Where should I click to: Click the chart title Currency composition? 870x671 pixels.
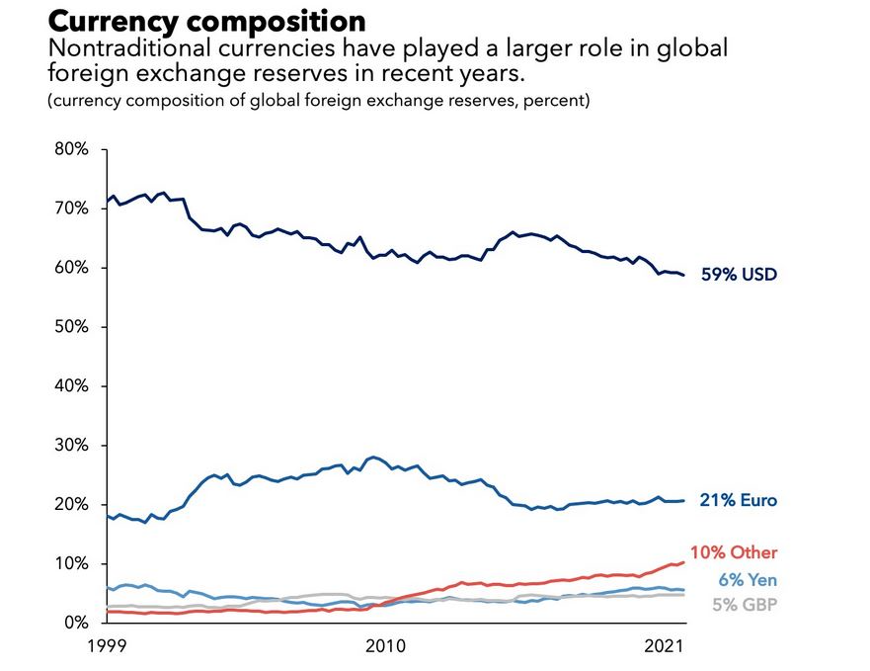click(x=206, y=20)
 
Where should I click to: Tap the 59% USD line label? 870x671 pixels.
click(x=739, y=275)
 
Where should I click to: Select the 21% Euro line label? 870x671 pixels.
click(x=739, y=501)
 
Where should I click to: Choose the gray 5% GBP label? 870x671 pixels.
click(x=738, y=604)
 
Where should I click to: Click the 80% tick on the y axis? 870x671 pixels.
click(x=70, y=149)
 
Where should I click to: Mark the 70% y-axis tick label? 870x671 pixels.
click(x=70, y=209)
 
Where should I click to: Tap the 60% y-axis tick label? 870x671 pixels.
click(x=70, y=268)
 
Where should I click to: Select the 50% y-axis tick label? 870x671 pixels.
click(x=70, y=327)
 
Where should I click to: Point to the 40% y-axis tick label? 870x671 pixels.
click(x=70, y=386)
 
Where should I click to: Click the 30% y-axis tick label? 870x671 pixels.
click(x=70, y=446)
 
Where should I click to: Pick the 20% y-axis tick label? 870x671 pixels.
click(x=70, y=504)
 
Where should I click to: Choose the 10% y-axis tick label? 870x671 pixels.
click(x=70, y=563)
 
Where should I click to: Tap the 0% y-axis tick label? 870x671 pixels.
click(x=74, y=623)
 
